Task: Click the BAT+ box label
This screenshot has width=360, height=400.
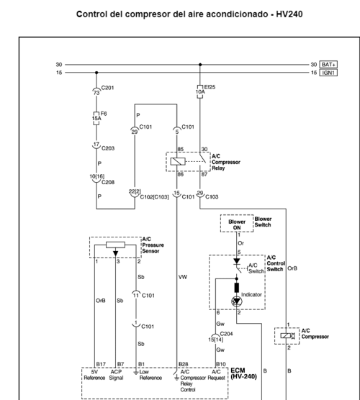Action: click(x=329, y=65)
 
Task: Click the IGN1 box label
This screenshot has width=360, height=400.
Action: click(x=329, y=73)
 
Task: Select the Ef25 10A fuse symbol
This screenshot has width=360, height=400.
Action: click(x=199, y=91)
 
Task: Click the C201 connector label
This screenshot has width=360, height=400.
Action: click(x=106, y=88)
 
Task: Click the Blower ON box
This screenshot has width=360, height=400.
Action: click(x=236, y=224)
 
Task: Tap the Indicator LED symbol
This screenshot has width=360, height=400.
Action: click(x=236, y=301)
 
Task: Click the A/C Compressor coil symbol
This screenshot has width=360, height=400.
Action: click(x=287, y=336)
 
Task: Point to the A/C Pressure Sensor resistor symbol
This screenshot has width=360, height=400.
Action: click(x=115, y=245)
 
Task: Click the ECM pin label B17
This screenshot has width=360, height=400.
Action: click(x=100, y=365)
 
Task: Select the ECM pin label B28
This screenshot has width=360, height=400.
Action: click(x=184, y=365)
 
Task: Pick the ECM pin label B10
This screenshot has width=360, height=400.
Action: click(x=220, y=365)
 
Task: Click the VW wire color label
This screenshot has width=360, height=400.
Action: click(x=182, y=276)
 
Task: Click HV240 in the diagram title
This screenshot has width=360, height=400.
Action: click(x=262, y=14)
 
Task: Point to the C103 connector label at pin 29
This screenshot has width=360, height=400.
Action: click(x=212, y=196)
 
